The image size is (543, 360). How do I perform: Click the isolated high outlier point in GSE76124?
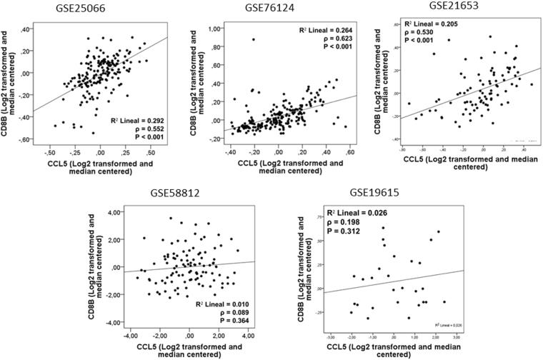[x=253, y=39]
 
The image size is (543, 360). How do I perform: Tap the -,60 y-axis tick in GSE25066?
[x=24, y=139]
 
